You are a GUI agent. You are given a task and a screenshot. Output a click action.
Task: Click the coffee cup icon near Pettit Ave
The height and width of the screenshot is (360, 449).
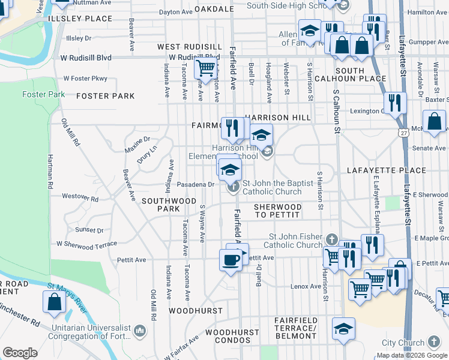click(231, 260)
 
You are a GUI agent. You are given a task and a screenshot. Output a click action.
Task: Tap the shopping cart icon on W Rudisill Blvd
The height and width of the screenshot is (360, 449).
click(205, 68)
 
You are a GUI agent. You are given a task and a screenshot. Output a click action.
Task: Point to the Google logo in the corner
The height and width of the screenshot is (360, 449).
click(20, 353)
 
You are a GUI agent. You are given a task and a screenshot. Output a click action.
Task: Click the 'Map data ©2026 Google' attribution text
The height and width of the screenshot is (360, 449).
click(412, 355)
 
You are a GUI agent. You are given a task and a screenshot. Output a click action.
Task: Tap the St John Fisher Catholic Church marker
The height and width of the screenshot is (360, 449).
click(330, 240)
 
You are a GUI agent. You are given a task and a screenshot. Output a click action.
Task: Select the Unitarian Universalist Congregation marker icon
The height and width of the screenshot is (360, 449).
click(139, 329)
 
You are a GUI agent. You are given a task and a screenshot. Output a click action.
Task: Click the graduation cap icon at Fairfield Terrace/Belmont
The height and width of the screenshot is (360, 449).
click(343, 329)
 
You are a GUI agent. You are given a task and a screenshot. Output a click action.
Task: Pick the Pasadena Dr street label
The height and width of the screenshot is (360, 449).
click(196, 184)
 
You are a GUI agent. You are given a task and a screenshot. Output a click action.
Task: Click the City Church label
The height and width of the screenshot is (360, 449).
click(403, 343)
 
